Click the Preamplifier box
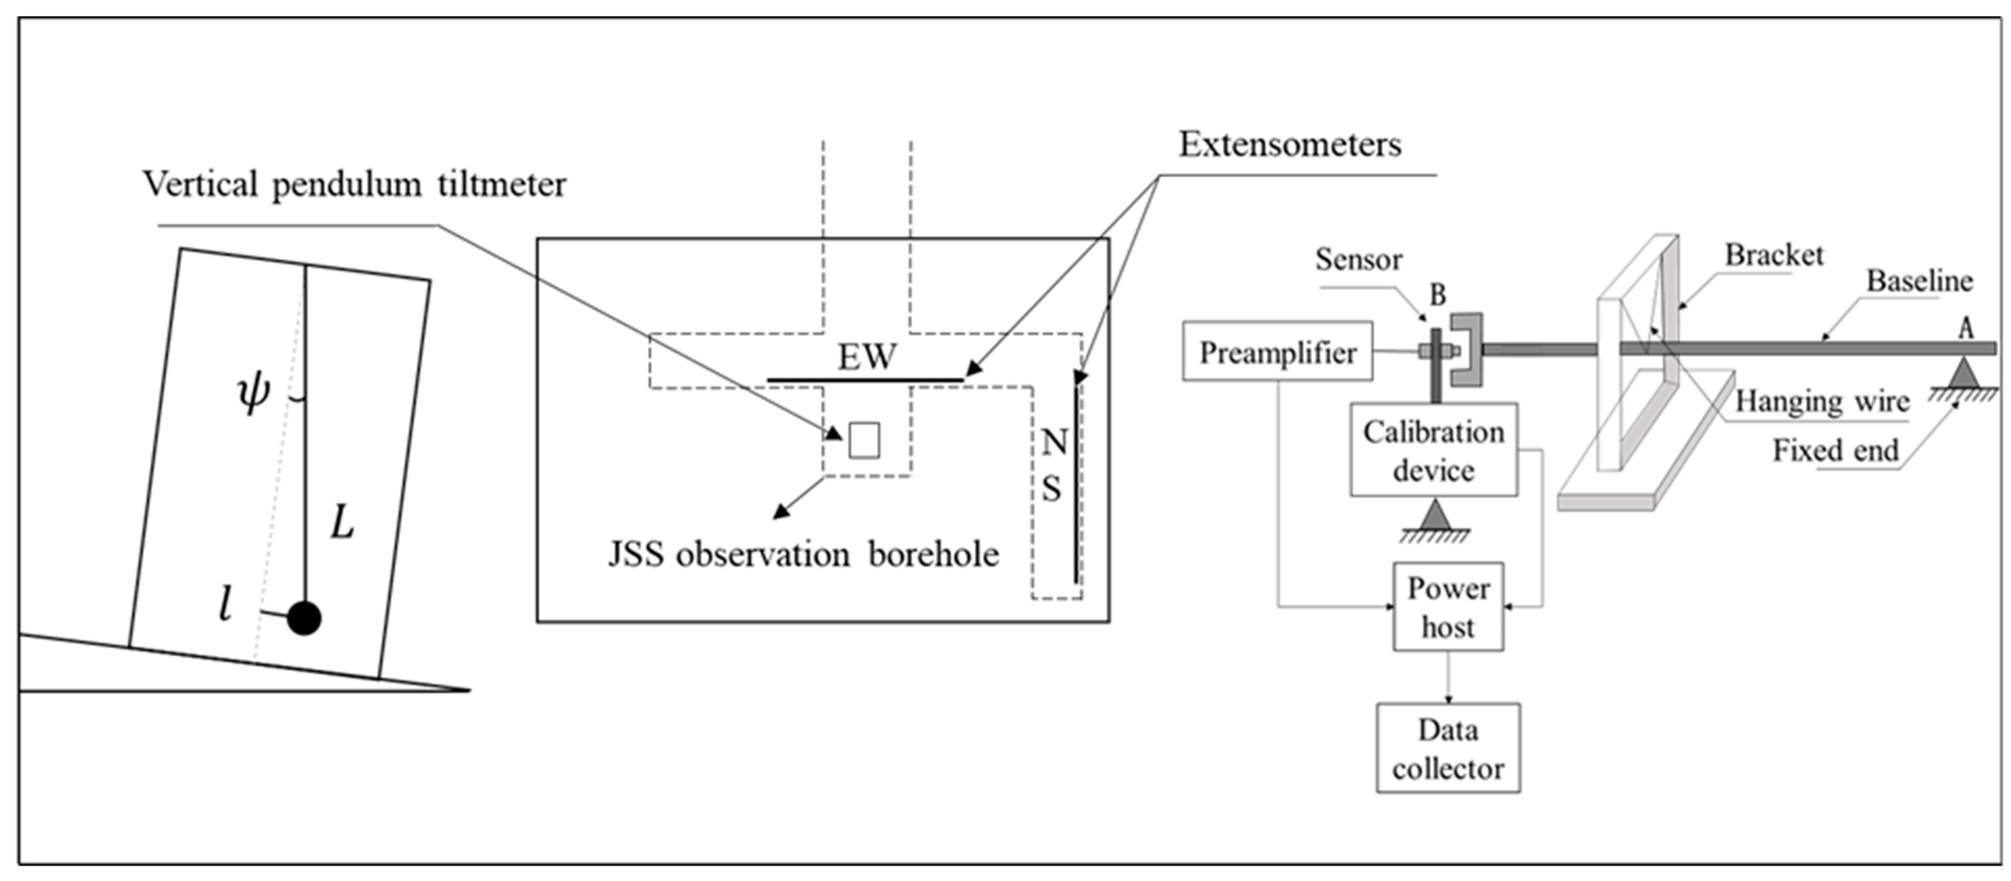tap(1277, 352)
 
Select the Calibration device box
tap(1433, 450)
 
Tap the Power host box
tap(1448, 607)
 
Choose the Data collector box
tap(1448, 748)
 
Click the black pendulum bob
tap(304, 618)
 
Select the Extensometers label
tap(1290, 144)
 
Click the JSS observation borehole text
tap(803, 555)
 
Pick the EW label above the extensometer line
tap(866, 358)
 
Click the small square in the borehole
tap(864, 440)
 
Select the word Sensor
tap(1358, 260)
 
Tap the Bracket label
tap(1774, 255)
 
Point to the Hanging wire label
tap(1822, 402)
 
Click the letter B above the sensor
tap(1437, 295)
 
